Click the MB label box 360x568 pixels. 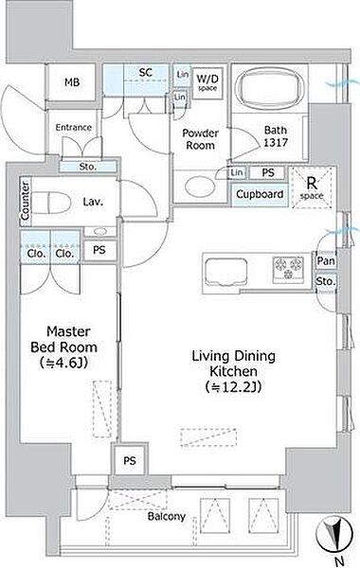[72, 82]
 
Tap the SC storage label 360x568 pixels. [145, 73]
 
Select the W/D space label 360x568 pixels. [207, 81]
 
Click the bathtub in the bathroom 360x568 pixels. [268, 87]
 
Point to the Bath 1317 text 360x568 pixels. [276, 136]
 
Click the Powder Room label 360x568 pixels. [200, 139]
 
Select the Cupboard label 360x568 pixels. [260, 194]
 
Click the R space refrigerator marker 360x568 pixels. [312, 187]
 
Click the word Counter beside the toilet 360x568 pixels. [25, 201]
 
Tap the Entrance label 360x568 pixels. [73, 128]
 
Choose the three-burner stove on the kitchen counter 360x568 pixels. [288, 268]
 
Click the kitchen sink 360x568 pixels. [225, 273]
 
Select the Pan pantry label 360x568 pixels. [326, 260]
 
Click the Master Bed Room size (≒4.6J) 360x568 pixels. [63, 363]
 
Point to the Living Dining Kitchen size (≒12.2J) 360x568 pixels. [233, 387]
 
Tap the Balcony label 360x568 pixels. [167, 516]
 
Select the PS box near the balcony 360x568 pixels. [130, 460]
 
